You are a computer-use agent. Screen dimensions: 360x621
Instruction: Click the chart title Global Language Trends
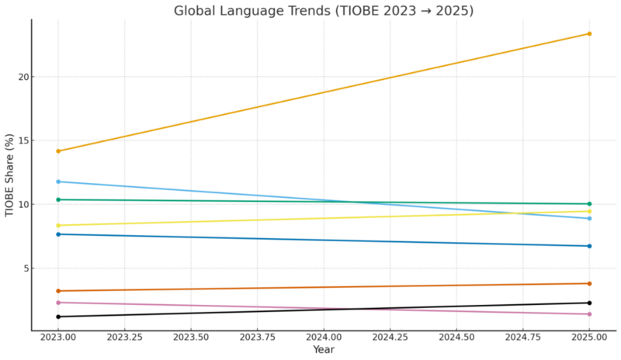tap(323, 11)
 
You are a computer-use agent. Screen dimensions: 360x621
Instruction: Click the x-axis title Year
tap(324, 351)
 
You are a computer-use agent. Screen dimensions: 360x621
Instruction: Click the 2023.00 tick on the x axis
tap(58, 338)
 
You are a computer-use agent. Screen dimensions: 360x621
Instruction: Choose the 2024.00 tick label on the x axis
tap(324, 338)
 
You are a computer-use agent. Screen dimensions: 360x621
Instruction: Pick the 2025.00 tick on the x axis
tap(589, 338)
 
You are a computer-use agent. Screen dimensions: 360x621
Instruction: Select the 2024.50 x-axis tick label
tap(456, 338)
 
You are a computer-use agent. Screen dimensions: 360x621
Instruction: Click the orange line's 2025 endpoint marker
tap(589, 33)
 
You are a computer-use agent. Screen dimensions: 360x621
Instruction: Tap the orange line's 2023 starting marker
tap(58, 151)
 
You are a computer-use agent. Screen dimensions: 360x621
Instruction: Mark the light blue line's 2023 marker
tap(58, 182)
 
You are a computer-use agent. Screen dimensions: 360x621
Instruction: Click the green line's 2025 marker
tap(589, 204)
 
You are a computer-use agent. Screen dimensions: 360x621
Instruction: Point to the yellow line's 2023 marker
tap(58, 226)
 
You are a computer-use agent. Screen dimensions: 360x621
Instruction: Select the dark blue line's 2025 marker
tap(589, 246)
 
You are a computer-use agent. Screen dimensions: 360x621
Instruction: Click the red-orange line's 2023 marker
tap(58, 291)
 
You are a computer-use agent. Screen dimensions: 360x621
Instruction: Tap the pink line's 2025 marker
tap(589, 314)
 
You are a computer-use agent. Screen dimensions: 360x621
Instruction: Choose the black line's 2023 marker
tap(58, 317)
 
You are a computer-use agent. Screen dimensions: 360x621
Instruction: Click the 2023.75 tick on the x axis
tap(257, 338)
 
